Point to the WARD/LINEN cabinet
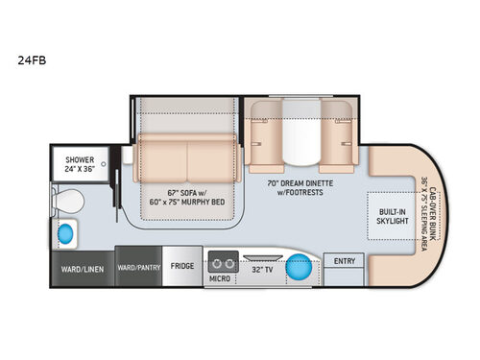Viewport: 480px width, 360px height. pyautogui.click(x=80, y=268)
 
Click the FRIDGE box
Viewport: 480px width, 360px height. pyautogui.click(x=182, y=266)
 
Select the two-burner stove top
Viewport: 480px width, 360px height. pyautogui.click(x=223, y=262)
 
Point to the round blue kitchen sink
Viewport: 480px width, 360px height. pyautogui.click(x=299, y=266)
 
